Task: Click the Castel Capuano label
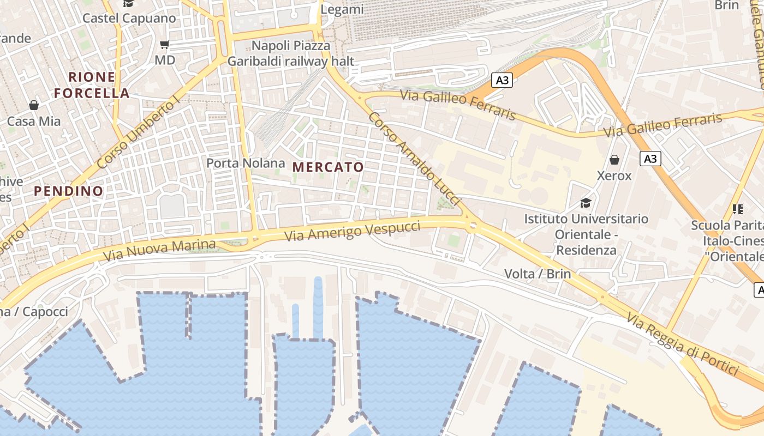click(x=129, y=18)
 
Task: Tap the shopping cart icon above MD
click(x=165, y=44)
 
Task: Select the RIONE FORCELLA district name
click(x=92, y=85)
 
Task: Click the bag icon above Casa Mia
click(x=34, y=105)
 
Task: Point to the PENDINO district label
click(x=69, y=191)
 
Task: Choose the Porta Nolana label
click(x=246, y=163)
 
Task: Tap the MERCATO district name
click(x=328, y=167)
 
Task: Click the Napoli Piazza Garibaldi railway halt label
click(x=291, y=53)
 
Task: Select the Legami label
click(x=342, y=9)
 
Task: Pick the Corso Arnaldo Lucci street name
click(x=415, y=158)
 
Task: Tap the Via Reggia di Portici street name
click(x=682, y=343)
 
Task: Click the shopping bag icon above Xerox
click(x=614, y=160)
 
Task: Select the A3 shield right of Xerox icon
click(x=650, y=159)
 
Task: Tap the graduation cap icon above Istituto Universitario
click(x=586, y=203)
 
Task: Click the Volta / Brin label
click(x=538, y=274)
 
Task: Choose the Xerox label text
click(x=614, y=176)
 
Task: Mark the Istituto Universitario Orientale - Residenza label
click(x=586, y=234)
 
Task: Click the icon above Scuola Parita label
click(x=738, y=208)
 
